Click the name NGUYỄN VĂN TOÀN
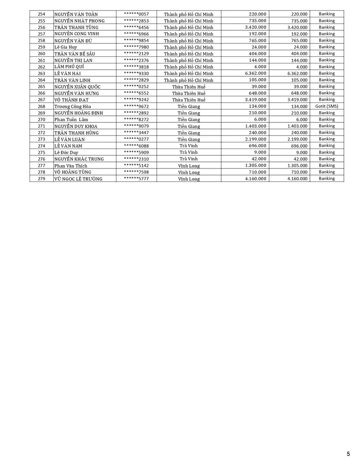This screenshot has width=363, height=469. (76, 14)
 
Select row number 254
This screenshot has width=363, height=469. (41, 14)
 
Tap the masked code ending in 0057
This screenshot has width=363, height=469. (136, 14)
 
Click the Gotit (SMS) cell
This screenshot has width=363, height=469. (326, 106)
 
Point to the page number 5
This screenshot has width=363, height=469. (348, 454)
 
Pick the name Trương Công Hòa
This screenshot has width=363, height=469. (73, 106)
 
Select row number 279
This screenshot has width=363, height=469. (41, 179)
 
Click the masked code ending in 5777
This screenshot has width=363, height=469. (136, 179)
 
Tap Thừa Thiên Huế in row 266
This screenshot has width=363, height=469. (189, 93)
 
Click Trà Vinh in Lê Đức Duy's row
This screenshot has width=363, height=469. (189, 152)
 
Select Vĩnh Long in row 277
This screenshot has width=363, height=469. (189, 166)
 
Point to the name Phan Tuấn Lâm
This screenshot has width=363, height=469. (71, 119)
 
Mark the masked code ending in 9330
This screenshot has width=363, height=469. (136, 73)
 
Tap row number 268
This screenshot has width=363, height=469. (41, 106)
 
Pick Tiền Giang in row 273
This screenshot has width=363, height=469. (189, 139)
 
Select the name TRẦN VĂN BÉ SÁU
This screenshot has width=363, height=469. (75, 54)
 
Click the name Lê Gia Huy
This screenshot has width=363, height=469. (66, 47)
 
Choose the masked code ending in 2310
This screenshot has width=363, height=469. (136, 159)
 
